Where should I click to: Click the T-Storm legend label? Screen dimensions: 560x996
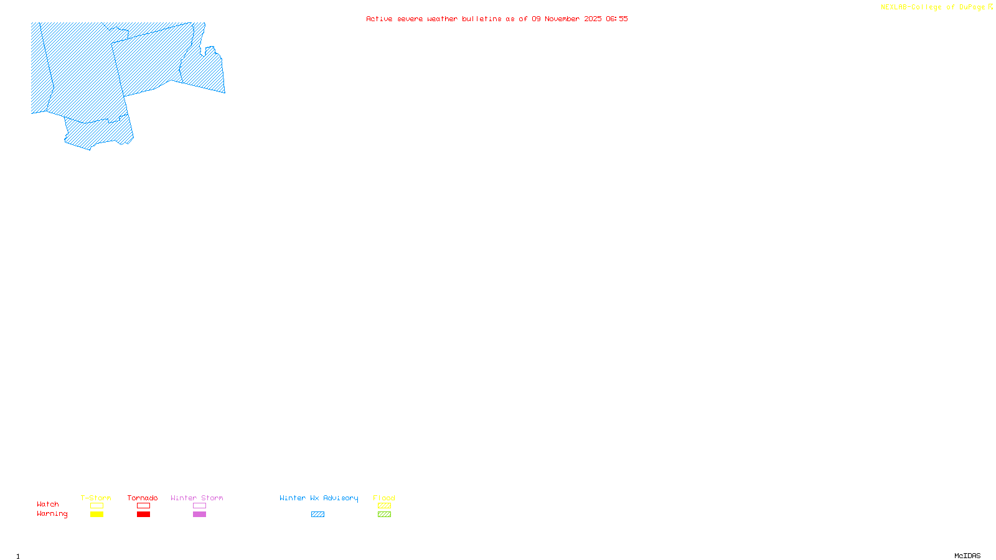[x=96, y=498]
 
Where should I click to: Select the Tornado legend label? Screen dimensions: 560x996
[x=143, y=498]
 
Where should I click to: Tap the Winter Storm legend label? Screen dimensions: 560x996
[x=197, y=498]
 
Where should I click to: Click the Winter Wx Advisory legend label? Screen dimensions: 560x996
[x=319, y=498]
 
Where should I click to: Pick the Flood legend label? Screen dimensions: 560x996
[x=384, y=498]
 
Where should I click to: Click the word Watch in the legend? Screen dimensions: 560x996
[x=48, y=504]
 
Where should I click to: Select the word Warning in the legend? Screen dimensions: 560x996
[x=52, y=514]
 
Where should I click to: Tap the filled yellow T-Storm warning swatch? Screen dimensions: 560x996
[x=96, y=515]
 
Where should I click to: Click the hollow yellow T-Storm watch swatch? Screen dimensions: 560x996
[x=96, y=506]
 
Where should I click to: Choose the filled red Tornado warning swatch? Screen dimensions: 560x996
[x=144, y=515]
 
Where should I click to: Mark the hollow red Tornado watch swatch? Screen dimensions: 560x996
[x=144, y=506]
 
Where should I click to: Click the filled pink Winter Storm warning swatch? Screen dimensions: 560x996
[x=199, y=515]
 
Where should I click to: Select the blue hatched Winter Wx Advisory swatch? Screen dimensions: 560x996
[x=317, y=515]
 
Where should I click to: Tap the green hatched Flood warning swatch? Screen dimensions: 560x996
[x=384, y=515]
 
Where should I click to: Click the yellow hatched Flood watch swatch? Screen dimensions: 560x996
[x=384, y=506]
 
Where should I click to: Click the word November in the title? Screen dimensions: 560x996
[x=562, y=19]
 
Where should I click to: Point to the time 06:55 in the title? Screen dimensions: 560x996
[x=617, y=19]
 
